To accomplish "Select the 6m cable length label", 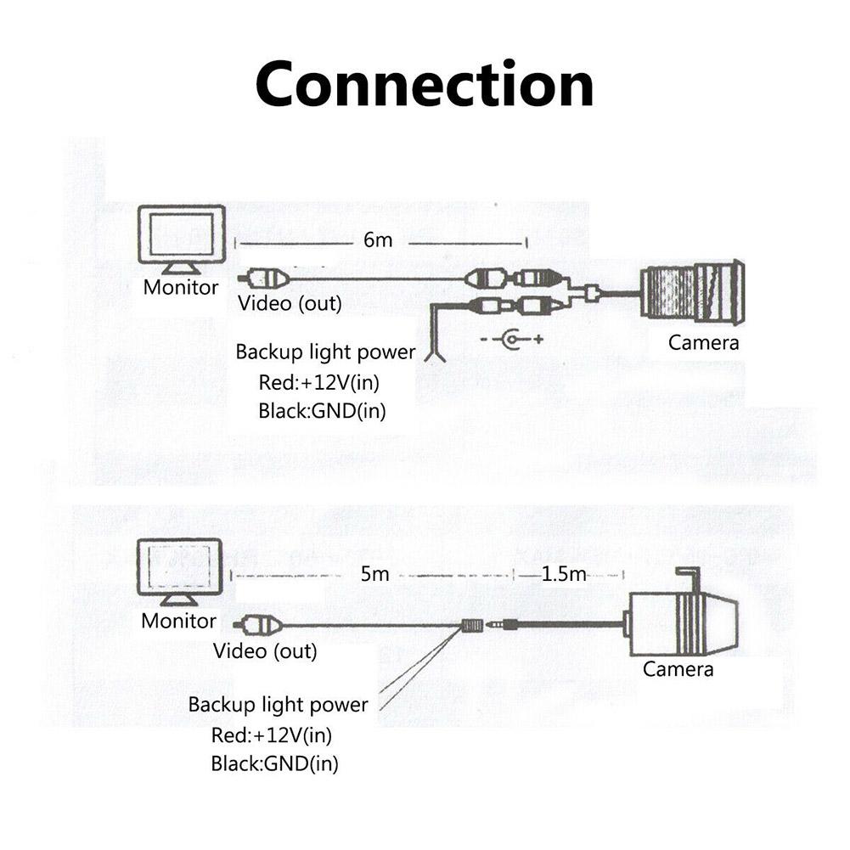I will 378,240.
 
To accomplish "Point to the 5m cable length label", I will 374,575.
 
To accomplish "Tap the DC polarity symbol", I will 511,341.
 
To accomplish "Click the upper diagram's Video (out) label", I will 290,304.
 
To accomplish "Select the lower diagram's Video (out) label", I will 265,651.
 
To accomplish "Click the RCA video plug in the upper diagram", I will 264,278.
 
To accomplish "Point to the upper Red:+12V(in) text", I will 319,382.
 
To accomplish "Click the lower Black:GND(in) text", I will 274,763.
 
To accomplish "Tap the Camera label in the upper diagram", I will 704,343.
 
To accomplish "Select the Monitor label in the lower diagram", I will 179,621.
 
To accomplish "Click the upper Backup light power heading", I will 325,352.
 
